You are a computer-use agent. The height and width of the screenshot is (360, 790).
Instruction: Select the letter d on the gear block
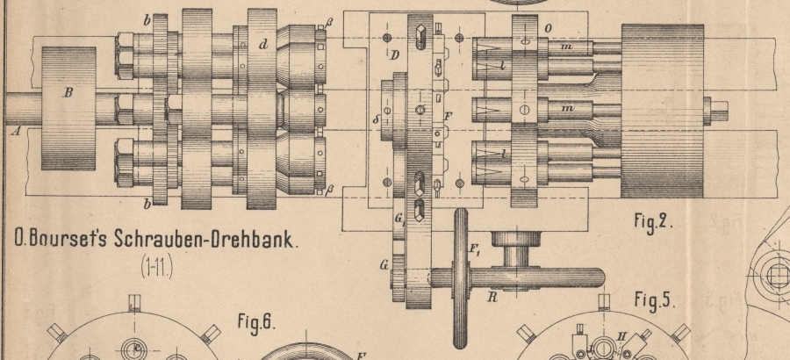pos(262,44)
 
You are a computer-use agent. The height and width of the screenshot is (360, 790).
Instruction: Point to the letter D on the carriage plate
pos(395,56)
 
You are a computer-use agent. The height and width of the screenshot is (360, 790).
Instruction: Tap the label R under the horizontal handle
pos(491,298)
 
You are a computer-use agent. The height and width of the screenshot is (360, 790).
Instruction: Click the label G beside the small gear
pos(383,262)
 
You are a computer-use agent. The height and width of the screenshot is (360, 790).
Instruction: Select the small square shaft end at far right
pos(717,110)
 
